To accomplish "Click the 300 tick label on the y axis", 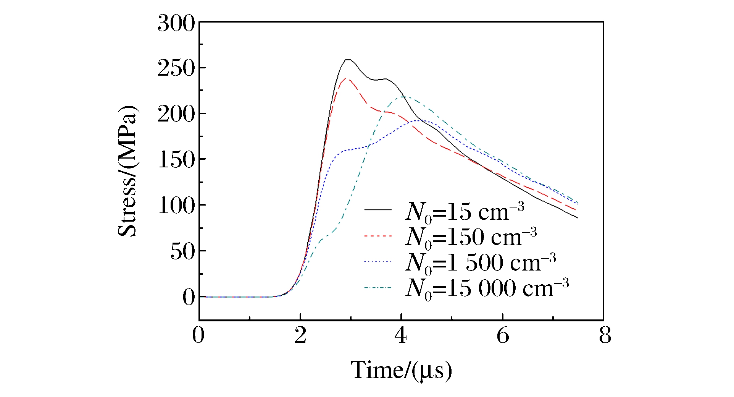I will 176,24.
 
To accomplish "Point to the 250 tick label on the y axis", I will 176,69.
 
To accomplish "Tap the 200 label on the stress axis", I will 176,115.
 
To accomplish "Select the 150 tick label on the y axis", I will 176,160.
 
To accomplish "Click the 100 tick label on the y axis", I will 176,206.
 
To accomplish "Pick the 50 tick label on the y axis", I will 182,251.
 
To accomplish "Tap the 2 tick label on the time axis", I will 300,335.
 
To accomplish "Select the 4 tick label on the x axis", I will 401,335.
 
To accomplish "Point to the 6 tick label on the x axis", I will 503,335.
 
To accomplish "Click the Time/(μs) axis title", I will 401,370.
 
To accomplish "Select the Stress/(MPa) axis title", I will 127,171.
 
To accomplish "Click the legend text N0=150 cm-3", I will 471,237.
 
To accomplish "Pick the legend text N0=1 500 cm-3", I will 480,263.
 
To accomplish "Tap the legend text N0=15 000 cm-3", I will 487,288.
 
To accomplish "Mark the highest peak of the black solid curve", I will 348,60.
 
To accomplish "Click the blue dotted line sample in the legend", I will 378,262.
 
